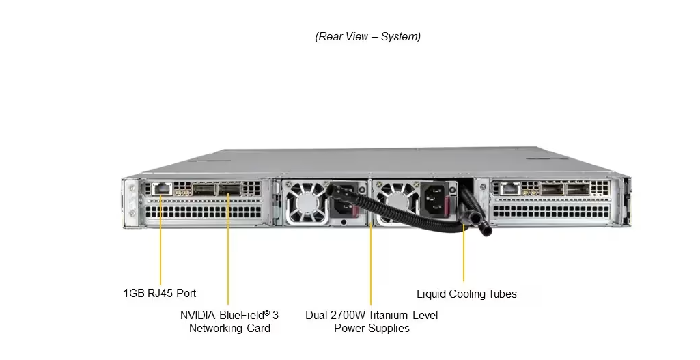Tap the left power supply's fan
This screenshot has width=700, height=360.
tap(304, 203)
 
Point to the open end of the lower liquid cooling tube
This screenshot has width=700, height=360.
tap(487, 230)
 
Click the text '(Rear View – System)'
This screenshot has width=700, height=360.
tap(367, 36)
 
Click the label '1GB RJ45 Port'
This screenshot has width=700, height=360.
tap(160, 293)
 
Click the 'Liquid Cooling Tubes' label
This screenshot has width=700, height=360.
tap(466, 294)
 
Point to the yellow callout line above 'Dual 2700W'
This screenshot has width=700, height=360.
tap(371, 266)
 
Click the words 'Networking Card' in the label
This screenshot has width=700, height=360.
tap(229, 328)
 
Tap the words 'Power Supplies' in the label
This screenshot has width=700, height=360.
tap(372, 328)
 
